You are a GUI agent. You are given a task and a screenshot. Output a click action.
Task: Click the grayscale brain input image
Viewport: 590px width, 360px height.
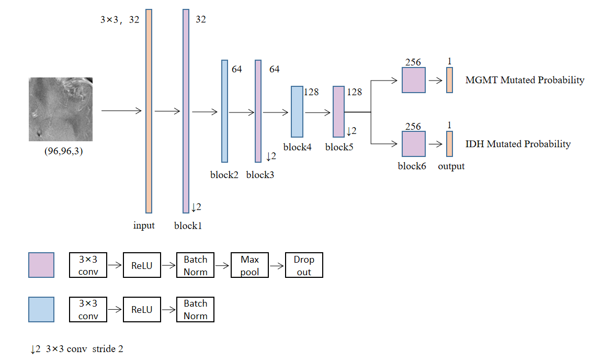pos(60,109)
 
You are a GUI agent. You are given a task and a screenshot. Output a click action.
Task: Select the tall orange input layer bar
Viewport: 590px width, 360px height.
pos(149,111)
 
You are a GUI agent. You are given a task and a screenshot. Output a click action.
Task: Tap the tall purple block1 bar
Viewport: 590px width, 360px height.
pos(186,111)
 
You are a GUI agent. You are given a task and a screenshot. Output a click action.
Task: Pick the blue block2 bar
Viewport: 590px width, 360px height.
pos(224,111)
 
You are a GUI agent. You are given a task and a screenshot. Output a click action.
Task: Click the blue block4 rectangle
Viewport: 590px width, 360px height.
pos(297,111)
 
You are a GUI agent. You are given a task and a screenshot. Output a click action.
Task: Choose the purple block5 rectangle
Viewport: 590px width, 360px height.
pos(338,111)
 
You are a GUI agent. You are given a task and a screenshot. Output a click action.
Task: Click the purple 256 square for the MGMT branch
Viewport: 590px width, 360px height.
pos(414,80)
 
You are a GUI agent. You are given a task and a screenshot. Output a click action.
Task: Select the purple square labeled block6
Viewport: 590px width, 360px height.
pos(414,144)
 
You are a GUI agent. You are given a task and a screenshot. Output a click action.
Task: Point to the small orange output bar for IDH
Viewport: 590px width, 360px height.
pos(449,144)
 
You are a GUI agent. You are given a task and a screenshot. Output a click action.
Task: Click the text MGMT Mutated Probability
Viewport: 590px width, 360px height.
pos(525,80)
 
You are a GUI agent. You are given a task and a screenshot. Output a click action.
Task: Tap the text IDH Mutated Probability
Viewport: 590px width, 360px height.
pos(518,144)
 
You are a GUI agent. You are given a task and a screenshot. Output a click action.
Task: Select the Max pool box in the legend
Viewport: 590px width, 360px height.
pos(249,265)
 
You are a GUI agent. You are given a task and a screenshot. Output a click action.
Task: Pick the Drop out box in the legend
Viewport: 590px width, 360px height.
pos(304,265)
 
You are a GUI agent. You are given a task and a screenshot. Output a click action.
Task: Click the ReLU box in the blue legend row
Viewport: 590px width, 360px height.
pos(142,309)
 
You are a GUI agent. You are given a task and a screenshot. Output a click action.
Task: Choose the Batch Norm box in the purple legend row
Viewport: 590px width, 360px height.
pos(195,265)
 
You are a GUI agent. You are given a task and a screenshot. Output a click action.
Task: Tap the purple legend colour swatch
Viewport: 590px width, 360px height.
pos(41,265)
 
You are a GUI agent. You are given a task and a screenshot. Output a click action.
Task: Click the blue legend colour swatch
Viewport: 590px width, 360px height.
pos(41,309)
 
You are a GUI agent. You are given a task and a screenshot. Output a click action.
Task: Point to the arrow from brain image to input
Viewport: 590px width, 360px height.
pos(121,111)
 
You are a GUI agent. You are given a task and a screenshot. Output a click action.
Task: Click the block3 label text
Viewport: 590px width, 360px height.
pos(260,175)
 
